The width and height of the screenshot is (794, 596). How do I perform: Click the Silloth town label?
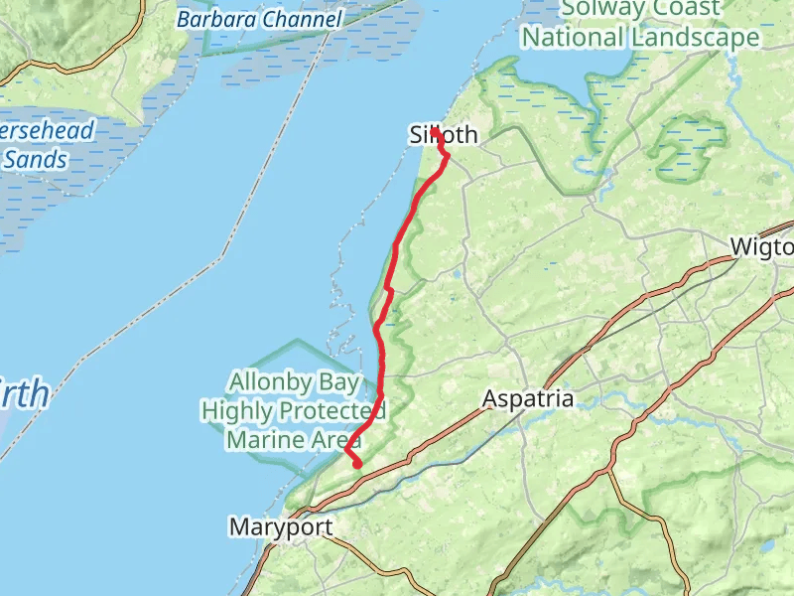pos(444,135)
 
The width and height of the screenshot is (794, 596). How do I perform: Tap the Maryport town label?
pos(280,526)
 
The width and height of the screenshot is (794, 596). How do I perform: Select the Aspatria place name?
pos(528,399)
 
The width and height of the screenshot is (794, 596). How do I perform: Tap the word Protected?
pos(331,410)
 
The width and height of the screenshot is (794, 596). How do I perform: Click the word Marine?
pos(265,439)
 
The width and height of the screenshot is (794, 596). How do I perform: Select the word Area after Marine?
pos(332,439)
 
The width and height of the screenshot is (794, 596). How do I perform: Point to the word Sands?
pos(35,159)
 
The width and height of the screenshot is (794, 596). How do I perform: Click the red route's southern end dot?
pos(357,463)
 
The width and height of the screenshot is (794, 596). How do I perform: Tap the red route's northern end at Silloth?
pos(435,130)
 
